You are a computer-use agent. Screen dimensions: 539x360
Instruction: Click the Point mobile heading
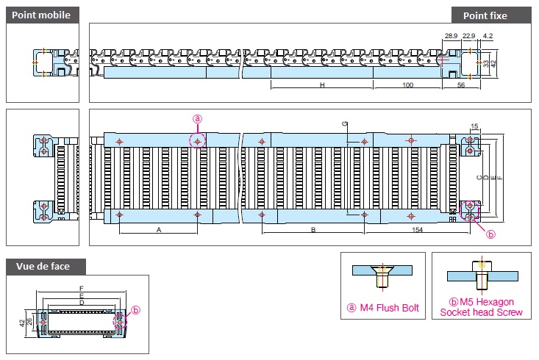point(41,15)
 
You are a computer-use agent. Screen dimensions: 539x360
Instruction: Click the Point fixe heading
point(485,16)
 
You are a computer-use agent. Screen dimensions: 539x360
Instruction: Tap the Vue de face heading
point(43,266)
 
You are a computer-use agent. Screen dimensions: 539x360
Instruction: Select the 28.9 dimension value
point(451,36)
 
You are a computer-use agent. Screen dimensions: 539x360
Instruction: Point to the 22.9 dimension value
point(469,36)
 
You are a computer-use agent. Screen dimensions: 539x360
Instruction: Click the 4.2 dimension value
point(488,36)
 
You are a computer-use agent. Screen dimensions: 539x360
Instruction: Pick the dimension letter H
point(322,84)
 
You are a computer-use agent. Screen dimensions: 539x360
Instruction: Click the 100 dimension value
point(407,84)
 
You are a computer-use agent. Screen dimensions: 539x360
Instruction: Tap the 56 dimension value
point(461,84)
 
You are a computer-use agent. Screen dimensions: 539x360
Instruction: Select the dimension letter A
point(159,230)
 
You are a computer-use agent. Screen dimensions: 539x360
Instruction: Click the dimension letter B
point(313,230)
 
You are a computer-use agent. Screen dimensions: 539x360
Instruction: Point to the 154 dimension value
point(418,230)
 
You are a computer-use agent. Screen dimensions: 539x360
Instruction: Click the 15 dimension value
point(474,126)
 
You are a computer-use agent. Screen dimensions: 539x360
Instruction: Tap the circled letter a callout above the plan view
point(197,119)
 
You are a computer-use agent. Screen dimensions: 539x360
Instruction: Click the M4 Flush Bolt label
point(383,308)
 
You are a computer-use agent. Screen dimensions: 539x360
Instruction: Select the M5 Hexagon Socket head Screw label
point(481,307)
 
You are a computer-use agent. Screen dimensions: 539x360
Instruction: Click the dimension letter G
point(345,123)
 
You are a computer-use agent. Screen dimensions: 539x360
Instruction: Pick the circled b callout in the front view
point(136,310)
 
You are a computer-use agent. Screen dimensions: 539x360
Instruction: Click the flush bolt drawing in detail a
point(382,276)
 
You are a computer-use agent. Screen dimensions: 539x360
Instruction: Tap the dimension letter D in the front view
point(82,303)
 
